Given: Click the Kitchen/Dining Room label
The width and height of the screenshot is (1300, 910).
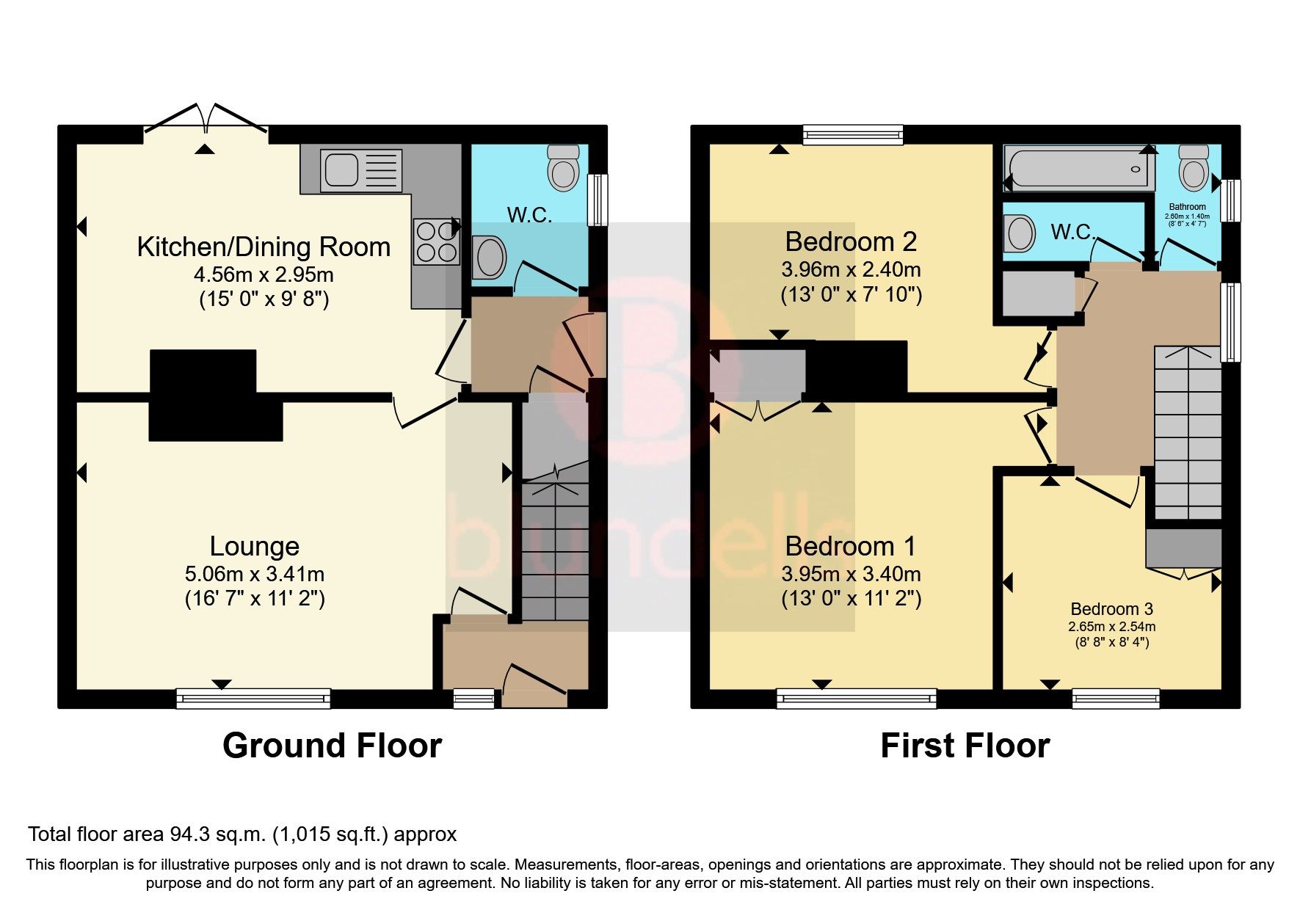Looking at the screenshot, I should click(264, 247).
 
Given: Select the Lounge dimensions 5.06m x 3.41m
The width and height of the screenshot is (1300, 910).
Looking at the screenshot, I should click(255, 574).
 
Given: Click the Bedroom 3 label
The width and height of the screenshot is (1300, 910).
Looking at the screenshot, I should click(1111, 608).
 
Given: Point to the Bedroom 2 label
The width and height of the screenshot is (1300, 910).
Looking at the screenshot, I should click(851, 241).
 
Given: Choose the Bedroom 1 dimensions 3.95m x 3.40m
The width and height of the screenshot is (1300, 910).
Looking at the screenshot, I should click(851, 574).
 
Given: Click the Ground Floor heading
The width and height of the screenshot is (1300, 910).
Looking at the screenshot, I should click(332, 746).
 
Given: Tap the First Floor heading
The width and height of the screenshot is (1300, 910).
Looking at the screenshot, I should click(965, 746).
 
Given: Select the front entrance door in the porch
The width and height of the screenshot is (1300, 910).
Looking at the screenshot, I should click(534, 682).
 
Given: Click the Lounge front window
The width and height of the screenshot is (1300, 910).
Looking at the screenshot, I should click(253, 698).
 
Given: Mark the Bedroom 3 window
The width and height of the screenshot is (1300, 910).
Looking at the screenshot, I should click(1116, 698).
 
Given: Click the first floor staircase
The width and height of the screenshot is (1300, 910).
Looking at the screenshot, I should click(1187, 433).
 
